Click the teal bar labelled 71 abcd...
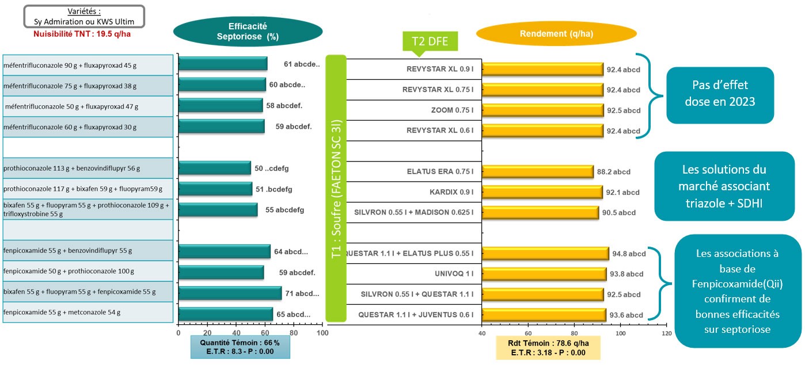click(230, 293)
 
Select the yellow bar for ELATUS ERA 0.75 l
click(537, 171)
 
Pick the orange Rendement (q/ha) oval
click(556, 34)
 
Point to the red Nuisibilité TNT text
click(83, 34)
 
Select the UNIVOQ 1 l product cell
click(454, 274)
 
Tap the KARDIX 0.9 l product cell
click(451, 192)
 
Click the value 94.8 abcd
click(629, 253)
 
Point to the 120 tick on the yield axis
click(666, 333)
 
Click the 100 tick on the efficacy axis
click(322, 333)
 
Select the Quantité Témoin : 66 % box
click(240, 347)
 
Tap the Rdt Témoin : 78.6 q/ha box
click(548, 348)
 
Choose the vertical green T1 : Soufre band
click(336, 187)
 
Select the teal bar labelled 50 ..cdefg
click(214, 168)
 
